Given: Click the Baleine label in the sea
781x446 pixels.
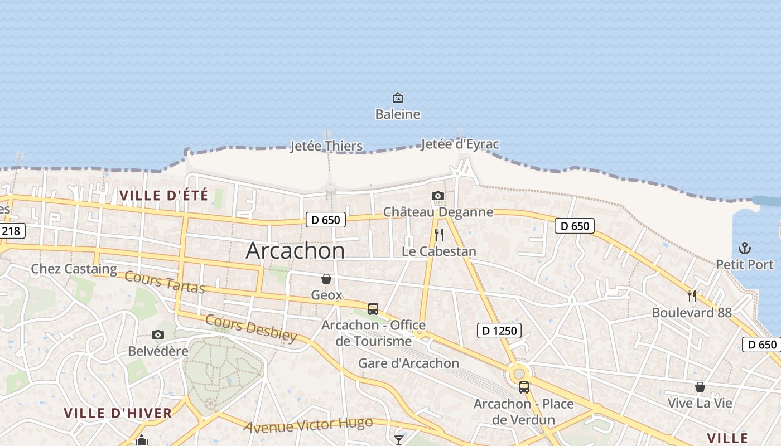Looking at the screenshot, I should pyautogui.click(x=397, y=114).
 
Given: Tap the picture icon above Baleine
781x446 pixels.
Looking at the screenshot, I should pyautogui.click(x=397, y=98).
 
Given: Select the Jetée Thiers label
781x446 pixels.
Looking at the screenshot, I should pyautogui.click(x=326, y=147).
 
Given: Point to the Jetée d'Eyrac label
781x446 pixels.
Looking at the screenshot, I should pyautogui.click(x=460, y=144).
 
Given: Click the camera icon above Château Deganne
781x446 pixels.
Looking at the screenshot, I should pyautogui.click(x=438, y=196).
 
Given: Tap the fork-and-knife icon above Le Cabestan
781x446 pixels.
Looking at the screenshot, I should pyautogui.click(x=438, y=234).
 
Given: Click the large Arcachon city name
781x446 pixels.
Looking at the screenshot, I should pyautogui.click(x=295, y=251).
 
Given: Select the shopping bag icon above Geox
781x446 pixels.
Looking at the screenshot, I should pyautogui.click(x=326, y=278).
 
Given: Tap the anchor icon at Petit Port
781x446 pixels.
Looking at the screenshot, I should pyautogui.click(x=744, y=248).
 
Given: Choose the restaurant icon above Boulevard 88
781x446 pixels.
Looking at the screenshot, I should pyautogui.click(x=692, y=296).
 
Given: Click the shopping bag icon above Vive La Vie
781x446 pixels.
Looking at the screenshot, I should pyautogui.click(x=700, y=387).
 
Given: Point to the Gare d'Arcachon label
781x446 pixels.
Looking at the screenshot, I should pyautogui.click(x=408, y=363).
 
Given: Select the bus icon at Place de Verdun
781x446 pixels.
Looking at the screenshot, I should pyautogui.click(x=523, y=387).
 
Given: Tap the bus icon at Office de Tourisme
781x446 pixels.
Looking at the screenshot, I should pyautogui.click(x=373, y=308).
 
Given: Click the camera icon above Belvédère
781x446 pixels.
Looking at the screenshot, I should pyautogui.click(x=158, y=334).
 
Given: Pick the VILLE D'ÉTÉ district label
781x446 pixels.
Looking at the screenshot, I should pyautogui.click(x=163, y=196).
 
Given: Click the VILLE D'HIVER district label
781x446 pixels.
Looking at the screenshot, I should pyautogui.click(x=118, y=413).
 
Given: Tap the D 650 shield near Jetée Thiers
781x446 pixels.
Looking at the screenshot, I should pyautogui.click(x=326, y=220).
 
